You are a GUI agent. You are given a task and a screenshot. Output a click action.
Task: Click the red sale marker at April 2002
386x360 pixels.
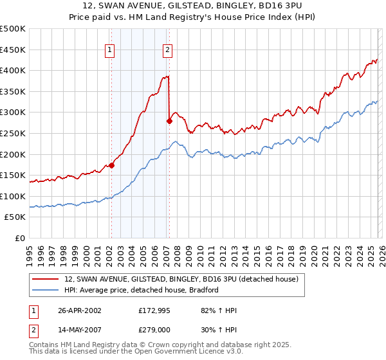111,165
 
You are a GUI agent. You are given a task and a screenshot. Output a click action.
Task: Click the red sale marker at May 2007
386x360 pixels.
169,120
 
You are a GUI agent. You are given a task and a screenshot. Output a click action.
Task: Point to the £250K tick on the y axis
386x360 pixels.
13,133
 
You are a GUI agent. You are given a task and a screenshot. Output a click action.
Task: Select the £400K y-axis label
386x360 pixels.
13,70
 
